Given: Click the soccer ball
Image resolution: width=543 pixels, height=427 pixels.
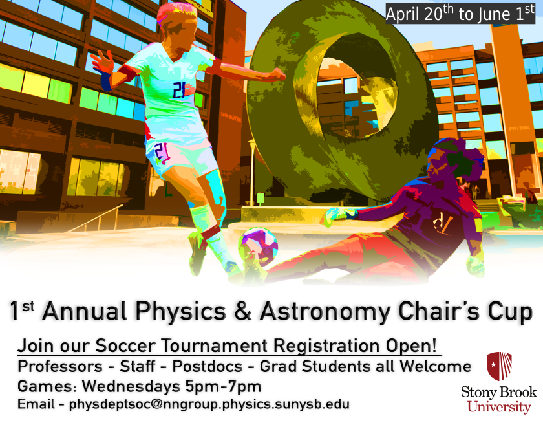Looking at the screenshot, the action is click(x=258, y=245).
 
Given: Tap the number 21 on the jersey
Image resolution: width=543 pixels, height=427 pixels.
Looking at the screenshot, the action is click(x=180, y=90).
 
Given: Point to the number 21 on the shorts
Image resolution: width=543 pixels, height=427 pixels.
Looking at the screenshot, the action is click(x=162, y=153).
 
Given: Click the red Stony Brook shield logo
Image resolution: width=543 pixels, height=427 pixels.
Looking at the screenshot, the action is click(x=499, y=366).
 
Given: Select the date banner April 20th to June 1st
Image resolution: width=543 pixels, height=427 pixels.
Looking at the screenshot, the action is click(x=460, y=14).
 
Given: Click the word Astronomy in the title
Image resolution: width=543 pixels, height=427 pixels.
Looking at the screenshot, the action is click(x=325, y=311).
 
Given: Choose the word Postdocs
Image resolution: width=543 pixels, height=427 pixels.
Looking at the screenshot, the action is click(x=208, y=366).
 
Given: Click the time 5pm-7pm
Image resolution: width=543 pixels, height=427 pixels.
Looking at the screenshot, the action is click(x=223, y=386).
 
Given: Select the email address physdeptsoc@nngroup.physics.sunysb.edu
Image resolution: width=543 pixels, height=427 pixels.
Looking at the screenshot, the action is click(x=209, y=404).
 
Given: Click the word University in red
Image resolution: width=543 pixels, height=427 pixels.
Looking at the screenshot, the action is click(x=499, y=407).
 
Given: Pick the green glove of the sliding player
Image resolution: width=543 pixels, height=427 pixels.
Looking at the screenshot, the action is click(x=337, y=215).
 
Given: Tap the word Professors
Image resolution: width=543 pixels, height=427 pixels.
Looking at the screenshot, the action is click(x=60, y=366).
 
